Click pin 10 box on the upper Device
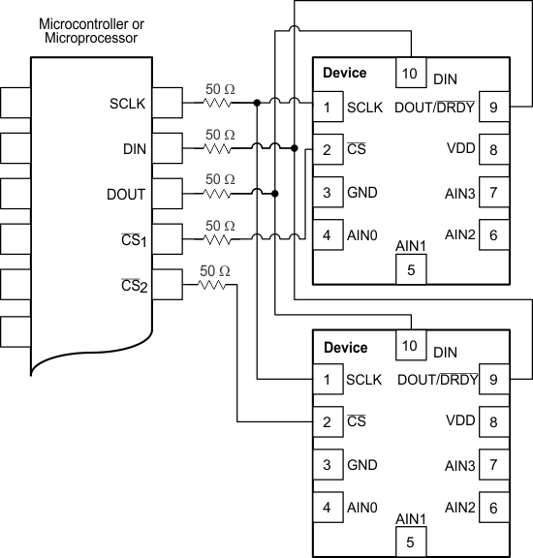[x=410, y=73]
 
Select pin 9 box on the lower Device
[x=493, y=380]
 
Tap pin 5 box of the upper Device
[x=411, y=270]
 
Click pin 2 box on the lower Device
[x=328, y=421]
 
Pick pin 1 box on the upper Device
[x=328, y=108]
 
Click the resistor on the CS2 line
[x=213, y=286]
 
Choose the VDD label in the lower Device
[x=460, y=421]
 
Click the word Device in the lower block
[x=345, y=348]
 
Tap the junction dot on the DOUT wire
[x=275, y=194]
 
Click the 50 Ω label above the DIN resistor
[x=219, y=134]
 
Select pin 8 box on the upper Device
[x=493, y=149]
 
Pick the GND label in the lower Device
[x=361, y=464]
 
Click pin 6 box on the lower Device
[x=493, y=507]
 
